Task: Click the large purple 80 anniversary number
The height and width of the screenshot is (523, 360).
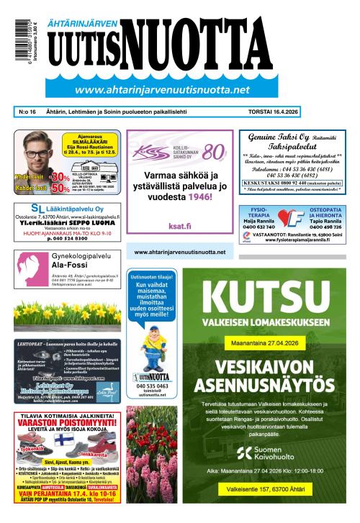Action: [x=214, y=153]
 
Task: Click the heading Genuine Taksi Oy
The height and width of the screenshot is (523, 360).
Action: [x=275, y=137]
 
